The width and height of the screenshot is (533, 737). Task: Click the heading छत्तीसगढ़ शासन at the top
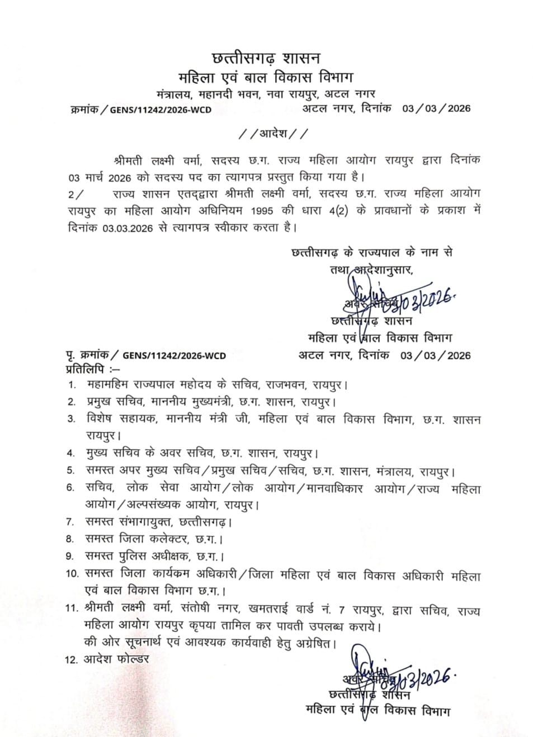coord(266,58)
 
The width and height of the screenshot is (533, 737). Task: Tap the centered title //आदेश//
coord(272,134)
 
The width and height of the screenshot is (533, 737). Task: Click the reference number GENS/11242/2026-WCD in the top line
coord(161,110)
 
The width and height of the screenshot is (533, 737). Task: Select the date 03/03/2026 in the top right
coord(436,108)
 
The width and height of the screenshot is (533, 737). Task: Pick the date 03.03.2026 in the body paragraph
coord(128,228)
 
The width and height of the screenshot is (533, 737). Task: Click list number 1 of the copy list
coord(72,386)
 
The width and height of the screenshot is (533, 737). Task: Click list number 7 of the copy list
coord(70,522)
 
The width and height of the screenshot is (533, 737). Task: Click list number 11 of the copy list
coord(72,609)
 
